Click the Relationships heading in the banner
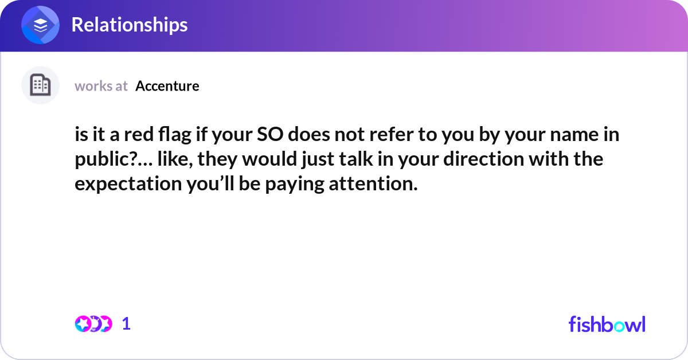tap(129, 25)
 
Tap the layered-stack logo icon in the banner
tap(41, 25)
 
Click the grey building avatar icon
tap(40, 85)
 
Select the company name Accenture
tap(167, 86)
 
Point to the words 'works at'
tap(101, 86)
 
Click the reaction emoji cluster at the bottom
tap(93, 324)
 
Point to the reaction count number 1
tap(127, 324)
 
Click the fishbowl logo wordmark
tap(607, 324)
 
